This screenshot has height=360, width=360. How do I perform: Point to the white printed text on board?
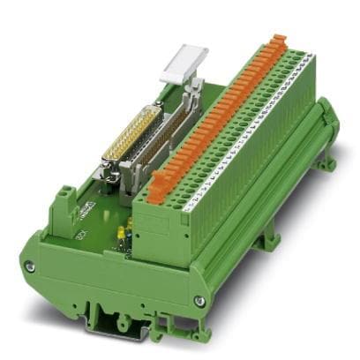87,212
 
